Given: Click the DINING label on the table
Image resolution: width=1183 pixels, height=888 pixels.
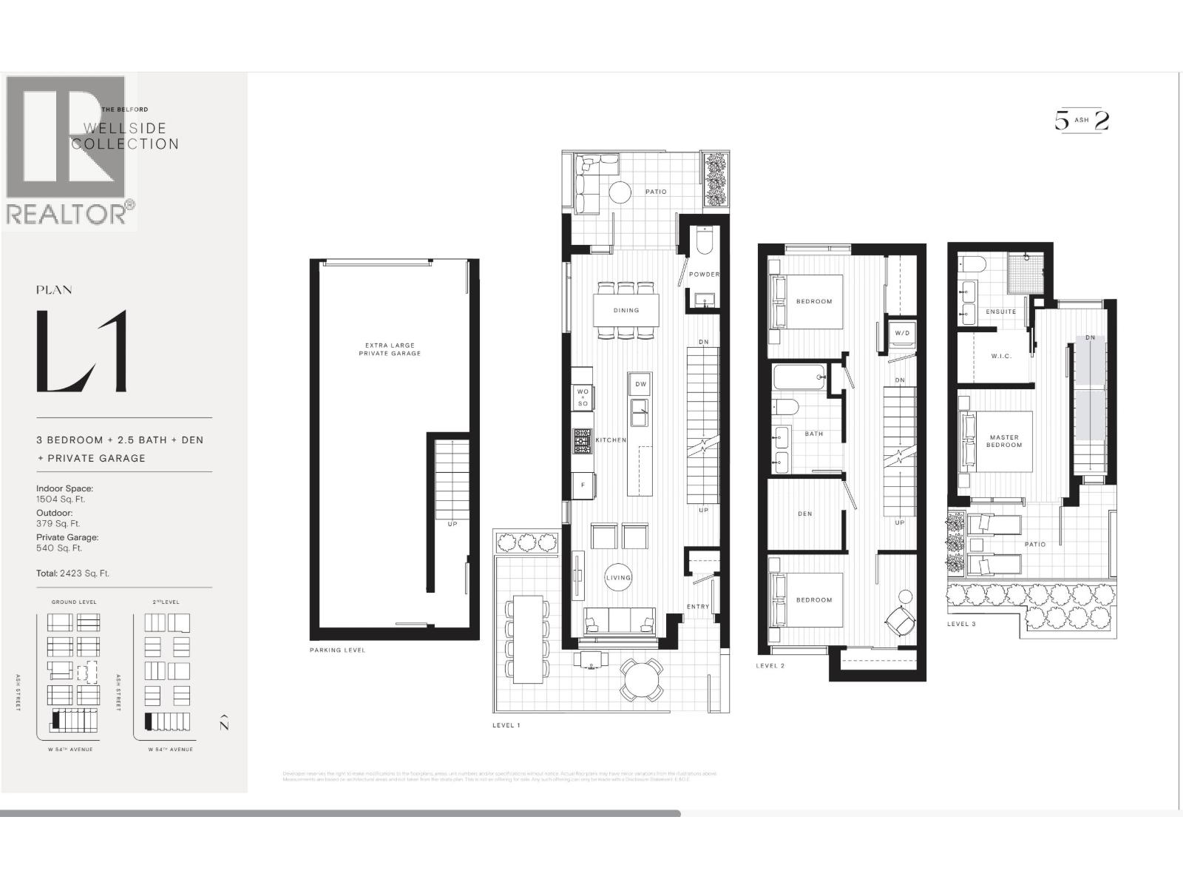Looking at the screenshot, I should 626,310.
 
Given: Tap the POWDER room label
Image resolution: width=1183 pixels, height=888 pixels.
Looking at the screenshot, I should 703,275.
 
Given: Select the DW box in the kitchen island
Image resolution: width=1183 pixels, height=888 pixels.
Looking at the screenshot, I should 640,384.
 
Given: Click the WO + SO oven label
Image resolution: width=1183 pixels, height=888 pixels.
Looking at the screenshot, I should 583,397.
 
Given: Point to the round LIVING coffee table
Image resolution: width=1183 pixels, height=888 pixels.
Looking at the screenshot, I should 619,578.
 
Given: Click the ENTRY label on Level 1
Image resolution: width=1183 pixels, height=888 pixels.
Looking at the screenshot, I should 697,607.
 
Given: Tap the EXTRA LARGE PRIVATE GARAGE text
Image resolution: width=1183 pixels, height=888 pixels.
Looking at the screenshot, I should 390,349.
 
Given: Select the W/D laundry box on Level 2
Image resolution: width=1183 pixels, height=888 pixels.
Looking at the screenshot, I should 902,334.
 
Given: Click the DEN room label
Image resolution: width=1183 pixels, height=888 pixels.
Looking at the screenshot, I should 805,514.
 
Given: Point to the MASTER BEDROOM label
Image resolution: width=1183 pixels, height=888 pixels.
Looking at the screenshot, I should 1004,441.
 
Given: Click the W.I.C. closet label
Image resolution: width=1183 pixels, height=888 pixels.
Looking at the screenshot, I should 1001,356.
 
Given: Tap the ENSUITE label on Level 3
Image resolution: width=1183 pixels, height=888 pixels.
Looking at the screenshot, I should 1000,312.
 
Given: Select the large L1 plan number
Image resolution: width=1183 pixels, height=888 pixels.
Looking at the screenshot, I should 82,351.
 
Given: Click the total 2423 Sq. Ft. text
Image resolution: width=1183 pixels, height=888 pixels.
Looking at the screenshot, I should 72,573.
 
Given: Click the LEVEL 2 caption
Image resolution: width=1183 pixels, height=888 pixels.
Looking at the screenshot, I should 770,666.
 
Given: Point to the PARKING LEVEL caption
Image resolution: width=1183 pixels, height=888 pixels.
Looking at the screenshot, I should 337,650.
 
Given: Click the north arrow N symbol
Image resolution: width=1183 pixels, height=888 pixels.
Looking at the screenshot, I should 224,723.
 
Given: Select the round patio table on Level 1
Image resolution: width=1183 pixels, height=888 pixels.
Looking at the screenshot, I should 641,679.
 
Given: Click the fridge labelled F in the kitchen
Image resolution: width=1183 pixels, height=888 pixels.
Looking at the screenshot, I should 583,485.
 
